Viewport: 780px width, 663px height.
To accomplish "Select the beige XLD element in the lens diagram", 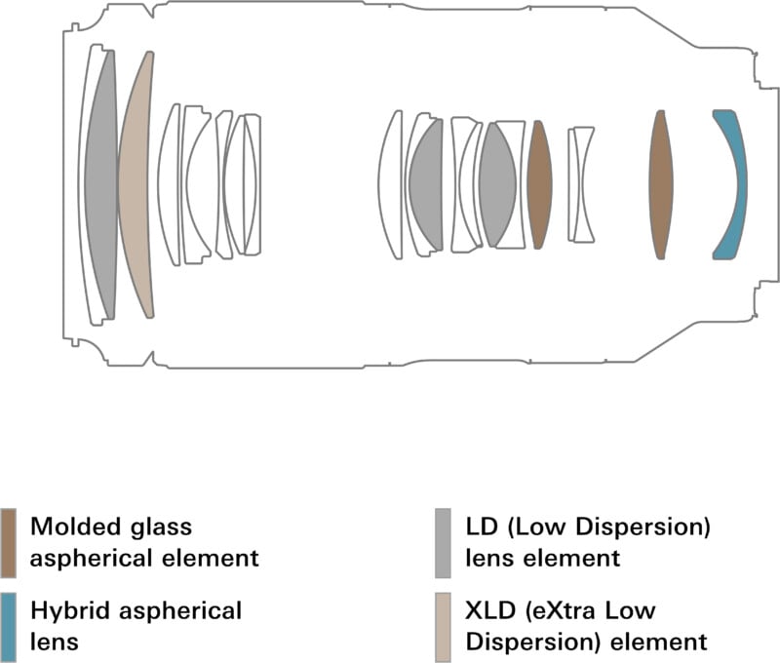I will (136, 185).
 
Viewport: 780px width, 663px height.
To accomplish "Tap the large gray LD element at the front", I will (101, 185).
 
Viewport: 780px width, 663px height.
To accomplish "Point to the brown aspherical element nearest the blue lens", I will (661, 185).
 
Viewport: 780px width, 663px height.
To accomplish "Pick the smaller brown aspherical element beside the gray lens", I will (539, 184).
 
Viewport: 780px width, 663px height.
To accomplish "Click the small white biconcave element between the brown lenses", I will (582, 184).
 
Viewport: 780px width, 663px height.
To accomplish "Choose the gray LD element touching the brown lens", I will (497, 184).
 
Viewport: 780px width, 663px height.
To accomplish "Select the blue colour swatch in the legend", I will (8, 625).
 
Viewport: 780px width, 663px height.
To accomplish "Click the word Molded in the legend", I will (71, 527).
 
